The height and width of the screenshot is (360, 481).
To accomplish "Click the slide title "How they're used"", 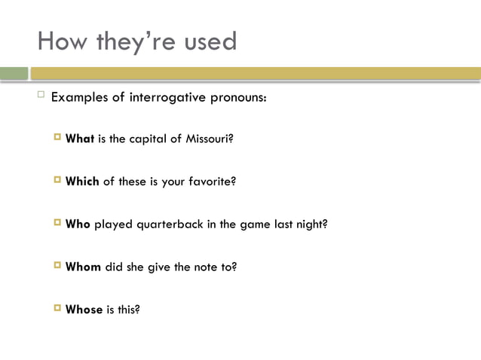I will (x=137, y=41).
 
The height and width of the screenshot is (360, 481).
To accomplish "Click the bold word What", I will (x=80, y=139).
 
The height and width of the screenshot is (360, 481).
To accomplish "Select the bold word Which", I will (x=83, y=182).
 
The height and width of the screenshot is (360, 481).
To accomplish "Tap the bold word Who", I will (x=78, y=224).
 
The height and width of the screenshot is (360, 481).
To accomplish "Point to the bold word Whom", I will (x=84, y=267).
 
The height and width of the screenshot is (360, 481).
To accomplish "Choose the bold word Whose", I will (x=84, y=310).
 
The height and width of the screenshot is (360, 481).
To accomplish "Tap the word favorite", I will (x=212, y=182).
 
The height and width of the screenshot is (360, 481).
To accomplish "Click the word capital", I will (x=146, y=139).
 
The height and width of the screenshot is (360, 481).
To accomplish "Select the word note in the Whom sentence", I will (x=207, y=267).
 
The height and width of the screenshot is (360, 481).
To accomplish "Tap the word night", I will (x=311, y=224).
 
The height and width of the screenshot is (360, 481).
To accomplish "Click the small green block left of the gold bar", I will (x=14, y=73).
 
